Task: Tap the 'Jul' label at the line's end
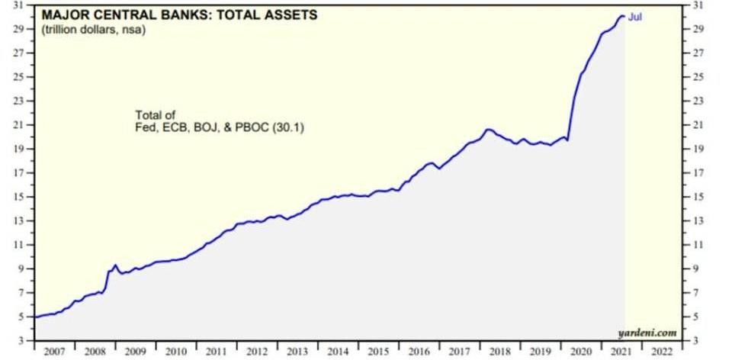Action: coord(634,16)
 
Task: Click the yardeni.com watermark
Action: coord(647,333)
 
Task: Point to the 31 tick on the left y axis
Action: coord(21,5)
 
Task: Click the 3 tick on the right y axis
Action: coord(694,340)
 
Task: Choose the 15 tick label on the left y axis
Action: coord(21,197)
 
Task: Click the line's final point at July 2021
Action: coord(624,16)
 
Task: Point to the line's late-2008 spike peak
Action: coord(115,265)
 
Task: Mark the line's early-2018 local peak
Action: coord(489,130)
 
